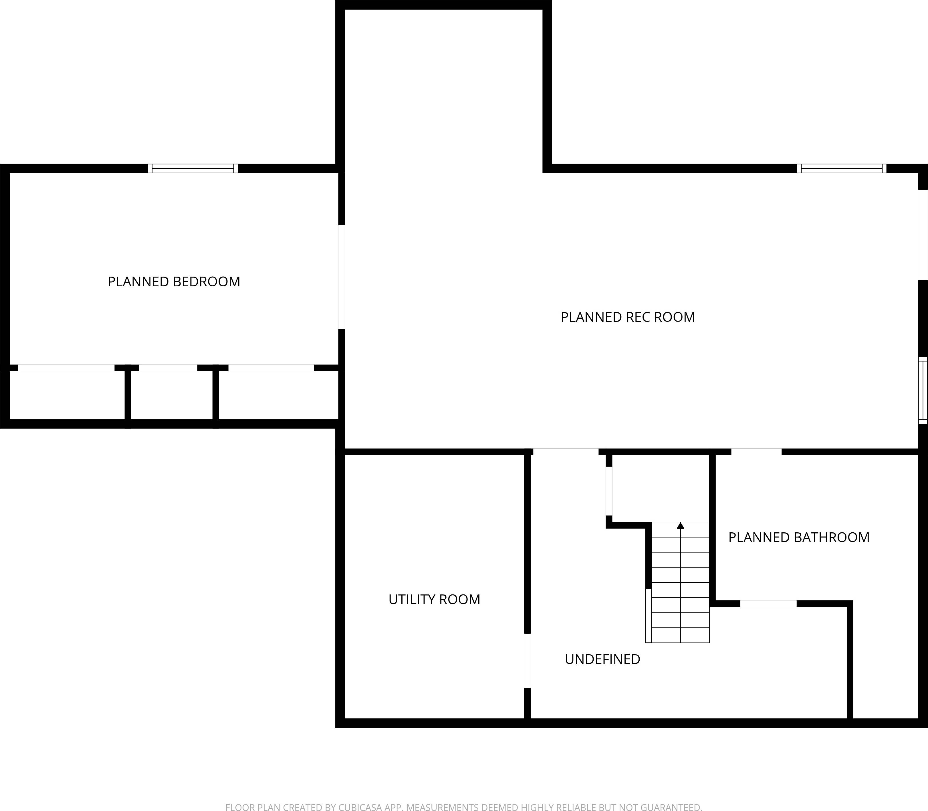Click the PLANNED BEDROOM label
pyautogui.click(x=174, y=281)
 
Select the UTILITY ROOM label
pyautogui.click(x=434, y=599)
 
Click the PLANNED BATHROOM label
pyautogui.click(x=799, y=537)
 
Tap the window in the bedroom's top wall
pyautogui.click(x=193, y=168)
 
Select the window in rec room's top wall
pyautogui.click(x=842, y=168)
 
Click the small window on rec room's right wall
pyautogui.click(x=923, y=390)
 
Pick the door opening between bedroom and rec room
pyautogui.click(x=342, y=277)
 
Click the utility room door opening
pyautogui.click(x=527, y=661)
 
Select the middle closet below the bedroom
pyautogui.click(x=172, y=396)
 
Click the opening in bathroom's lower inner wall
pyautogui.click(x=768, y=603)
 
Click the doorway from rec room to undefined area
pyautogui.click(x=566, y=452)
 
